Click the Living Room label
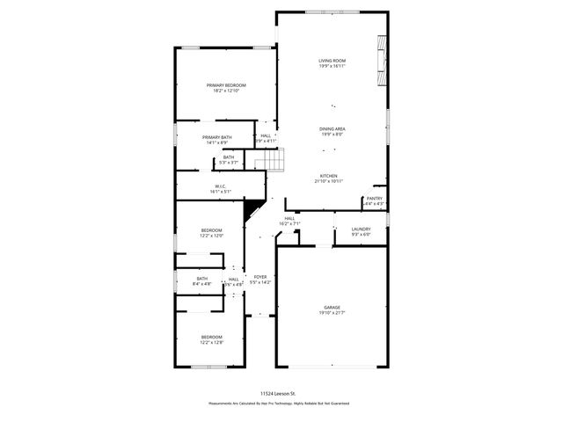332,60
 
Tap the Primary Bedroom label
226,84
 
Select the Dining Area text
332,128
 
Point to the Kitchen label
328,176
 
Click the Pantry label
374,200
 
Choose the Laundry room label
361,229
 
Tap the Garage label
331,308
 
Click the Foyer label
260,276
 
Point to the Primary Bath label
216,137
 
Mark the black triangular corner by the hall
253,208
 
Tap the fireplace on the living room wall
382,57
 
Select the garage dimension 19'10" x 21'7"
331,313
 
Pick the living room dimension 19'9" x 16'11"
332,65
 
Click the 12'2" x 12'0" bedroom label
211,233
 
